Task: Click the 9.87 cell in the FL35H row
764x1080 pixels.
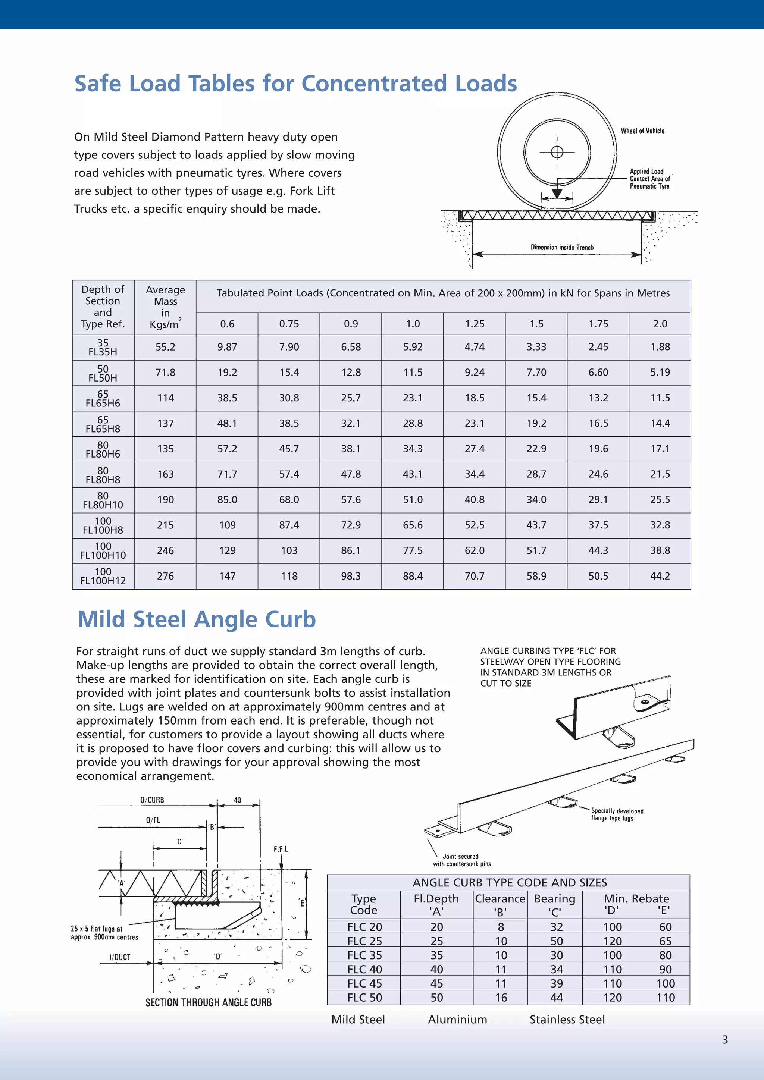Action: pos(227,347)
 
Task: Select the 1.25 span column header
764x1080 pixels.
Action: pos(474,324)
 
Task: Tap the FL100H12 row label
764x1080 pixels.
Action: pos(103,576)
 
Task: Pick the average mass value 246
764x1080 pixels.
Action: pos(165,551)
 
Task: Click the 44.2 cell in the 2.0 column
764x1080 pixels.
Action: pos(660,576)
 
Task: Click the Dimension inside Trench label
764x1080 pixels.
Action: pos(562,247)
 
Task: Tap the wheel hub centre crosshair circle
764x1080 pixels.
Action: pos(557,152)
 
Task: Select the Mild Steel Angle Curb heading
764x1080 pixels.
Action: pos(197,619)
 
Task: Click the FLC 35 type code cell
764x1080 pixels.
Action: pos(364,955)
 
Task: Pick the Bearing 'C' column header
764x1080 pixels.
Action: pos(554,905)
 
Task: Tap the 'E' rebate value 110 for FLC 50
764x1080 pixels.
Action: pos(665,998)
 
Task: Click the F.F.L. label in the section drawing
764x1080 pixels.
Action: pos(281,849)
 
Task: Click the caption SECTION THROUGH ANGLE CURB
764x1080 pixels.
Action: pos(209,1002)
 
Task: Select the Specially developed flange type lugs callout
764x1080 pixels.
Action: pos(617,814)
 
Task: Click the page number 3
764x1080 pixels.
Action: pos(724,1040)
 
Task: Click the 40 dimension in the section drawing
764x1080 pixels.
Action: pos(237,800)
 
